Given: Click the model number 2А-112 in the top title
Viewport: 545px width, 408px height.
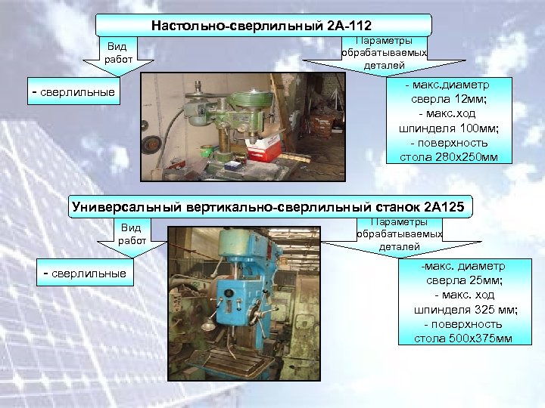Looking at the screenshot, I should (x=348, y=26).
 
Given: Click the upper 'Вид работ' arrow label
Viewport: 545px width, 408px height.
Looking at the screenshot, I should (x=117, y=52).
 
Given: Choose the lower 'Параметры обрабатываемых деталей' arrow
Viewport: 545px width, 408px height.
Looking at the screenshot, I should (x=399, y=233).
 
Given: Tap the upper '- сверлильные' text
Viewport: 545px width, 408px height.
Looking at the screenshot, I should (x=73, y=92).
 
